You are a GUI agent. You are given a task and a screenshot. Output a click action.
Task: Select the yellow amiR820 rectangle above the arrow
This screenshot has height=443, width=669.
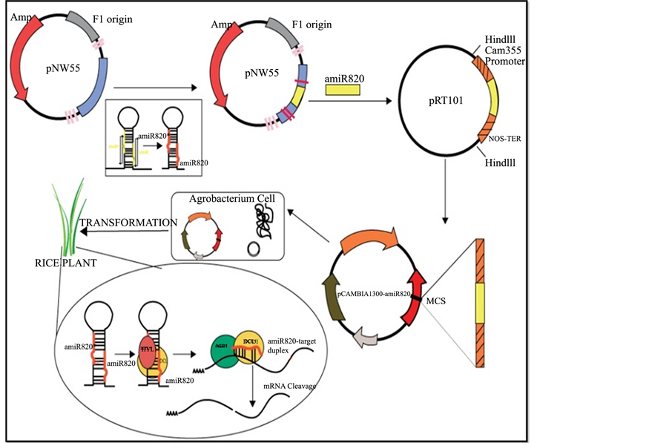343,90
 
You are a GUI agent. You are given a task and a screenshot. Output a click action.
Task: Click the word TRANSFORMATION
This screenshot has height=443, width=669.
128,223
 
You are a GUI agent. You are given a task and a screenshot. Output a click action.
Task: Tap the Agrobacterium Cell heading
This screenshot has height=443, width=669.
225,200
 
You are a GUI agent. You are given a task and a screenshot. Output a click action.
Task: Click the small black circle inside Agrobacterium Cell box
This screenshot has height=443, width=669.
253,248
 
